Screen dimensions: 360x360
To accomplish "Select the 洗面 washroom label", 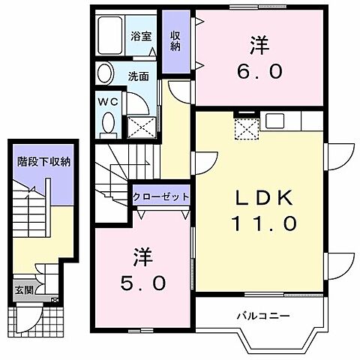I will tap(138, 76).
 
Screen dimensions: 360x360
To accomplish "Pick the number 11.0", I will tap(265, 223).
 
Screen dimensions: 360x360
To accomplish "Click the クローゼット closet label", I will tap(160, 196).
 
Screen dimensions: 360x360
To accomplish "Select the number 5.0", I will tap(145, 284).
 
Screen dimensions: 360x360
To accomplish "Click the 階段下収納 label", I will tap(44, 160).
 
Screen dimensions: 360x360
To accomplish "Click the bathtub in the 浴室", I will tap(112, 34).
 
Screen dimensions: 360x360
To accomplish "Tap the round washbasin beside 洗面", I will tap(105, 73).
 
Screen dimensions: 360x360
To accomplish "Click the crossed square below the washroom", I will tap(141, 127).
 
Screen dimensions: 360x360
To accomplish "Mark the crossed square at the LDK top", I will tap(244, 130).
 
